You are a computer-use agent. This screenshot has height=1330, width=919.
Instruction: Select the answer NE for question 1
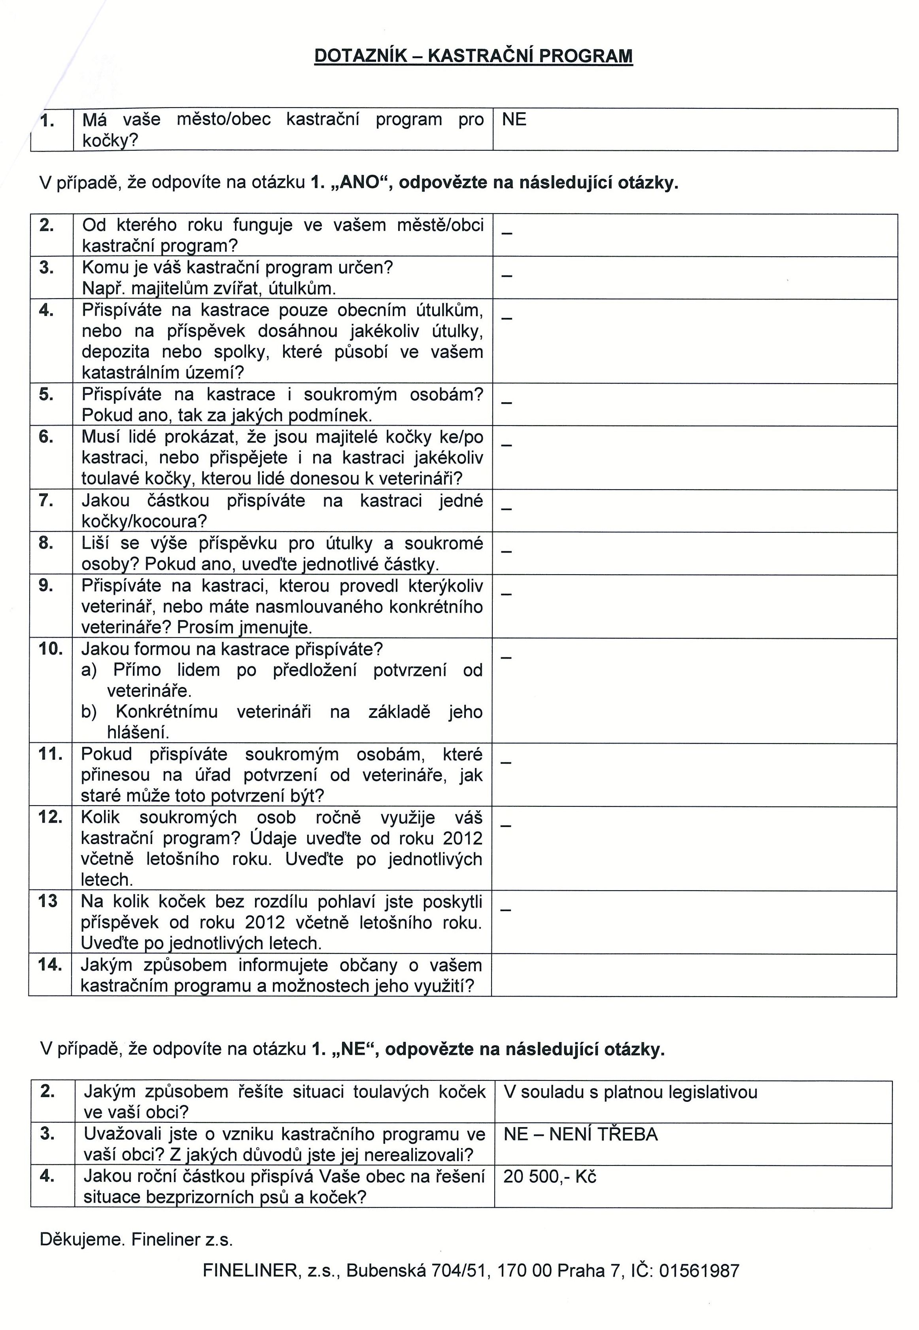(x=514, y=120)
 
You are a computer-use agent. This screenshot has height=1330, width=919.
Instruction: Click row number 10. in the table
(x=51, y=649)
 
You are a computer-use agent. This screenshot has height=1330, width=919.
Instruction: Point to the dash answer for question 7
(x=506, y=509)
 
